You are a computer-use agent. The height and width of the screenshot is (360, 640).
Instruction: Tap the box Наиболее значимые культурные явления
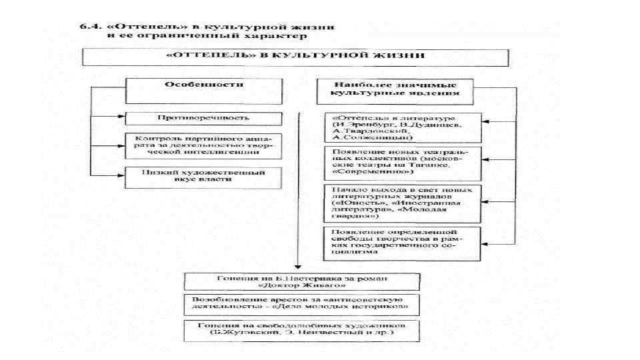(x=395, y=91)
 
